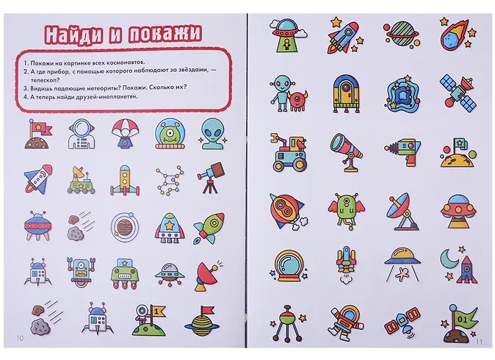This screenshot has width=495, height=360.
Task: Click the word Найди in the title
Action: (x=73, y=33)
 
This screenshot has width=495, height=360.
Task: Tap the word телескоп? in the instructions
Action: (x=45, y=80)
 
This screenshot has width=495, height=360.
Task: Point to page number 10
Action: (x=20, y=338)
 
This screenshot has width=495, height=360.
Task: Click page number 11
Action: (x=479, y=342)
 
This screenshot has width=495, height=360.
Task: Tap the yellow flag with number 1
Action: (x=157, y=312)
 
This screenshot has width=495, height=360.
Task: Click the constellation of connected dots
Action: (x=170, y=180)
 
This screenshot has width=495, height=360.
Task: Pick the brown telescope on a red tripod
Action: (x=211, y=178)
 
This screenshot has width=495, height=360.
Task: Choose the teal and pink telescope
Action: (x=347, y=152)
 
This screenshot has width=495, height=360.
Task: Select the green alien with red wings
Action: (x=347, y=210)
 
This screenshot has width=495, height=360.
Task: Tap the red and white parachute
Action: (x=126, y=133)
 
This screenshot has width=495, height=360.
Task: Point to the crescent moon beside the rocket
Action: (x=449, y=259)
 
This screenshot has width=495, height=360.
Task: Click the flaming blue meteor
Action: (x=455, y=35)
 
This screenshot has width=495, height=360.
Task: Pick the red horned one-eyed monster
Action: (x=297, y=100)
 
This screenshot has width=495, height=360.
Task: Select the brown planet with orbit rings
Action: (x=125, y=226)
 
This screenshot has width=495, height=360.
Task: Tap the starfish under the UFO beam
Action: (x=402, y=274)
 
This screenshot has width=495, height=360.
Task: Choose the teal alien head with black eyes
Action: (x=212, y=133)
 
